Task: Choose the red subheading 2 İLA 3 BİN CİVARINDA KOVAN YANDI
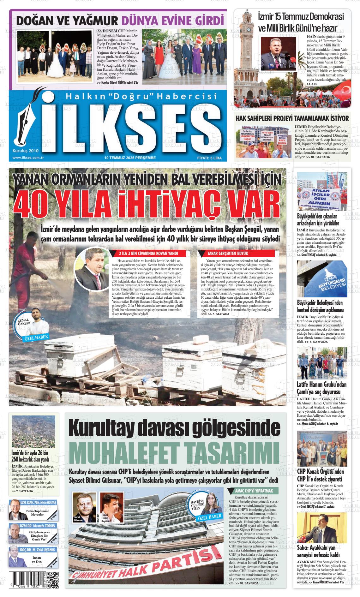click(x=148, y=254)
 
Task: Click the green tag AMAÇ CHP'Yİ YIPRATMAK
click(x=254, y=491)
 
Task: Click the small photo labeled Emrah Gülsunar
click(x=84, y=507)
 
